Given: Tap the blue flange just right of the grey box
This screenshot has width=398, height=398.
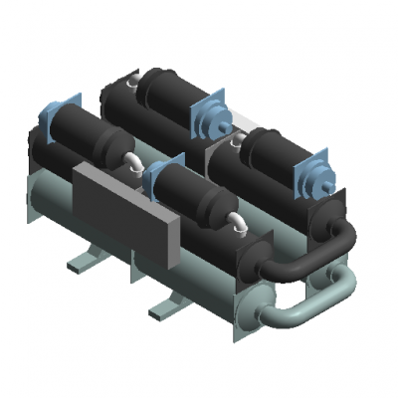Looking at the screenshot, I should [x=162, y=180].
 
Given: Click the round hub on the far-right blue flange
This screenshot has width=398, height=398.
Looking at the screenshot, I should [x=323, y=184].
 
